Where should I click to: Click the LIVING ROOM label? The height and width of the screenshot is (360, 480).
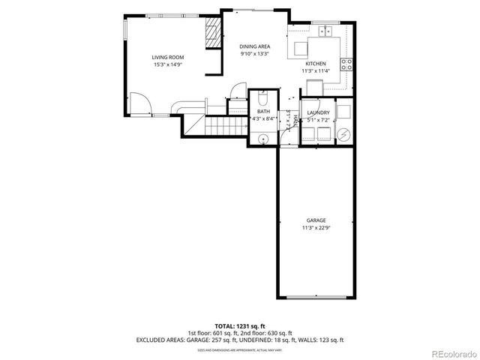pyautogui.click(x=168, y=57)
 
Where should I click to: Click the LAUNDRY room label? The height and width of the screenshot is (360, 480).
pyautogui.click(x=319, y=112)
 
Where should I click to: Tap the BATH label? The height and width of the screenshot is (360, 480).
pyautogui.click(x=264, y=111)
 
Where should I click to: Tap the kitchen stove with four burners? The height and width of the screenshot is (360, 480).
pyautogui.click(x=347, y=64)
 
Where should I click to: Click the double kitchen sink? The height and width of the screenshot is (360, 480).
pyautogui.click(x=326, y=31)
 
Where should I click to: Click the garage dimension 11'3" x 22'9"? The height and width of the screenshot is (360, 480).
pyautogui.click(x=315, y=227)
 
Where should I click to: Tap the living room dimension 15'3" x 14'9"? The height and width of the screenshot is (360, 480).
pyautogui.click(x=168, y=64)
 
